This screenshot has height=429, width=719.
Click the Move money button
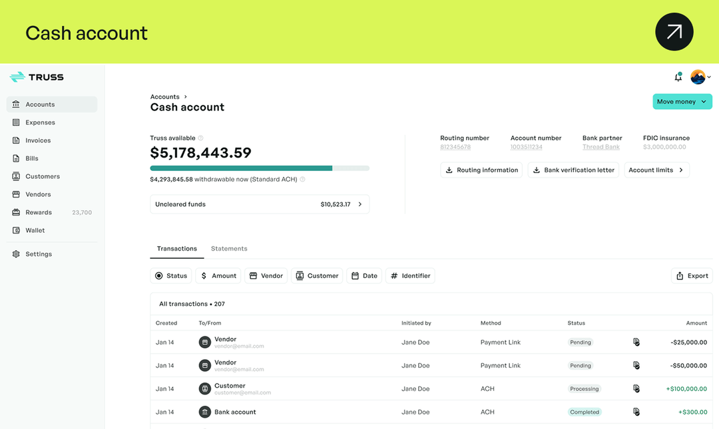pos(682,102)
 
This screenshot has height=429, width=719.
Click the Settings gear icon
pos(16,254)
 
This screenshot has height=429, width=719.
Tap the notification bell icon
pos(678,77)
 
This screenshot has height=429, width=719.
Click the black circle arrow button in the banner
pos(674,32)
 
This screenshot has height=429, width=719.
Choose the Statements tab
pos(229,248)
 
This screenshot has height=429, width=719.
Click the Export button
pos(692,276)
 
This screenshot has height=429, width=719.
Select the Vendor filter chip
pos(266,276)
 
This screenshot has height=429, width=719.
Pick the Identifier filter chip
pos(410,276)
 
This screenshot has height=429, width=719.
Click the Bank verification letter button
pos(573,170)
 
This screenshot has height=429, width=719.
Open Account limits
pos(656,170)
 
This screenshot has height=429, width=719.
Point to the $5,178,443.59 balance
pos(201,152)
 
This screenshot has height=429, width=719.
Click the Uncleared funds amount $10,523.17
pos(335,204)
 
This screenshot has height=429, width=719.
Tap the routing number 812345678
pos(455,147)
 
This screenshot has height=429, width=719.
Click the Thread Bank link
pos(600,147)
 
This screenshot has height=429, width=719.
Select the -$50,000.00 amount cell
pos(688,366)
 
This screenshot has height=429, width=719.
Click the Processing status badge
pos(585,388)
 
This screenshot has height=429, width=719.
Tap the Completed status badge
pos(585,412)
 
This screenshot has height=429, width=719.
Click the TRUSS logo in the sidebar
pos(37,77)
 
